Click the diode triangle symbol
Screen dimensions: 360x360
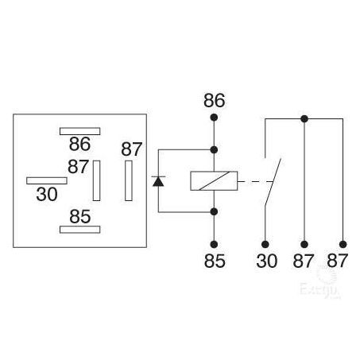pyautogui.click(x=158, y=182)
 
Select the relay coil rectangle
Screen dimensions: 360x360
pyautogui.click(x=214, y=181)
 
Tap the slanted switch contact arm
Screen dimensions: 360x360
pyautogui.click(x=273, y=182)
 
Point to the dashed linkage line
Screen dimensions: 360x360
pyautogui.click(x=256, y=182)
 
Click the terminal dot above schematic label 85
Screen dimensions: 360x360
pyautogui.click(x=214, y=244)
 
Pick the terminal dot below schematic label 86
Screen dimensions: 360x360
pyautogui.click(x=214, y=118)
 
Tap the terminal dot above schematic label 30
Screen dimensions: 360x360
pyautogui.click(x=265, y=244)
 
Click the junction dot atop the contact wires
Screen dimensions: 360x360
pyautogui.click(x=304, y=119)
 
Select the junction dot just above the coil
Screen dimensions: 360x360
pyautogui.click(x=214, y=150)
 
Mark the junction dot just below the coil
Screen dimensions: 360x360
pyautogui.click(x=214, y=211)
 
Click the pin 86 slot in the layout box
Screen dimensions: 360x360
pyautogui.click(x=79, y=131)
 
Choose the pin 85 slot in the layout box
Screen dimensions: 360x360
pyautogui.click(x=79, y=230)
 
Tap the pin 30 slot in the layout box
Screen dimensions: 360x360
pyautogui.click(x=47, y=180)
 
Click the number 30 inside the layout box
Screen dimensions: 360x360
pyautogui.click(x=47, y=194)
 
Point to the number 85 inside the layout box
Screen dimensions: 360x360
pyautogui.click(x=80, y=216)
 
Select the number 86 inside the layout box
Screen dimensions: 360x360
pyautogui.click(x=79, y=144)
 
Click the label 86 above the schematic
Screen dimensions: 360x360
pyautogui.click(x=215, y=100)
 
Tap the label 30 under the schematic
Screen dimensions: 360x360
pyautogui.click(x=267, y=261)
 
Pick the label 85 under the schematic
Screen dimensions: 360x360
pyautogui.click(x=215, y=261)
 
